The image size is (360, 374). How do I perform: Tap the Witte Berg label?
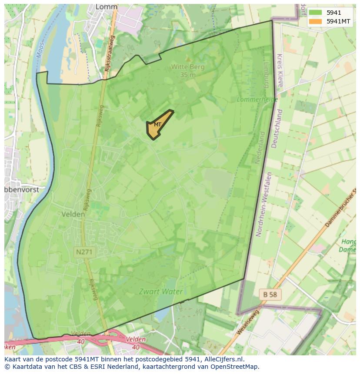click(x=187, y=67)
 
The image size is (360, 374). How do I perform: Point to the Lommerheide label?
click(x=251, y=99)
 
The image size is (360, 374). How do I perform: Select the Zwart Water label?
click(x=161, y=291)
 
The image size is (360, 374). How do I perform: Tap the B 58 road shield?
click(x=270, y=295)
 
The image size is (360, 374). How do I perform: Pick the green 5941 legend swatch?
click(x=315, y=12)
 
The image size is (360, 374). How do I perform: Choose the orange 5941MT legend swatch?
click(x=315, y=21)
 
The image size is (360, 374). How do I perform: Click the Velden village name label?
click(x=73, y=214)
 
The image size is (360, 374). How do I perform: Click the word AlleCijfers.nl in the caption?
click(x=223, y=359)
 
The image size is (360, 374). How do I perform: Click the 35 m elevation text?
click(x=188, y=74)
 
